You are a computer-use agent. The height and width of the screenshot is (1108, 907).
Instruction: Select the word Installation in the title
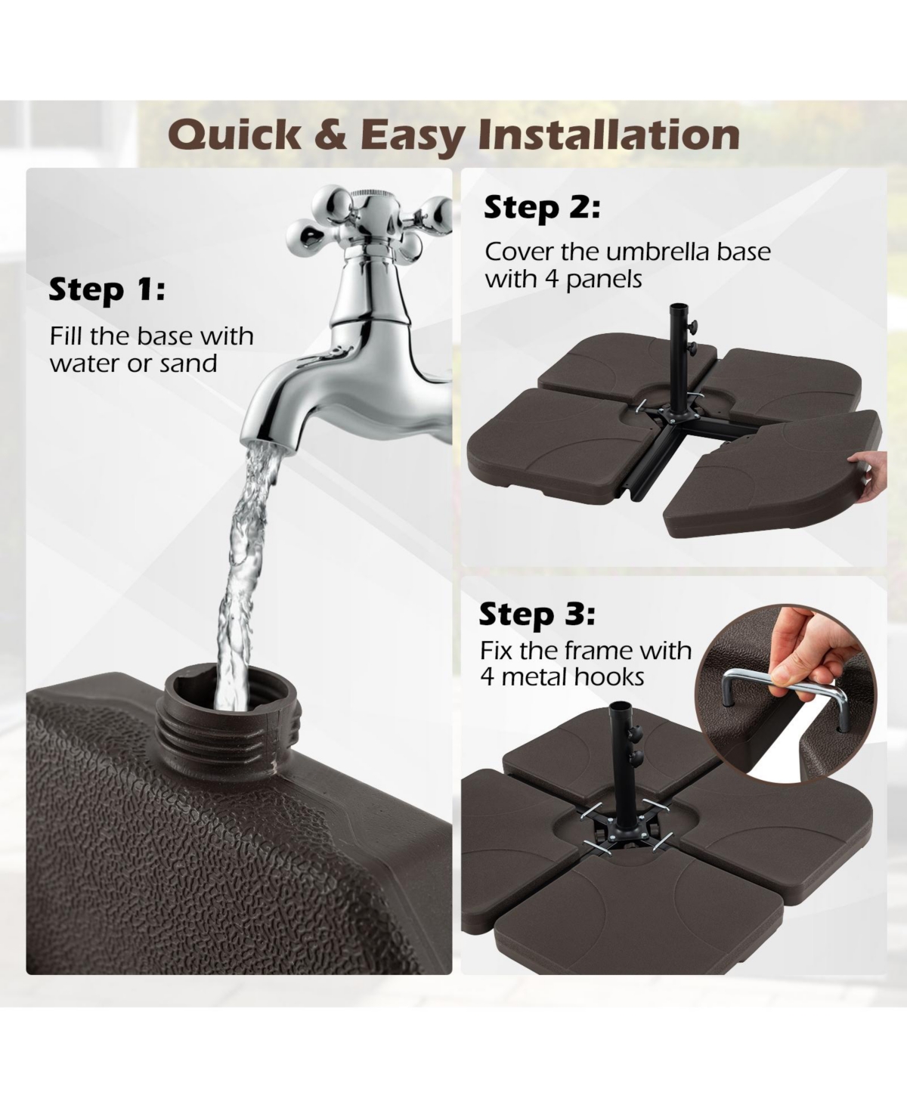pyautogui.click(x=609, y=135)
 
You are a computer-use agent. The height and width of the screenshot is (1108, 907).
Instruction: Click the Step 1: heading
pyautogui.click(x=107, y=290)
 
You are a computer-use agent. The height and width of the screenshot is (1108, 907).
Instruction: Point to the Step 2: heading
pyautogui.click(x=542, y=207)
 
